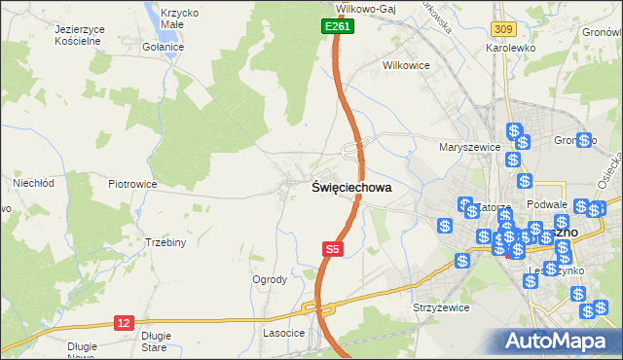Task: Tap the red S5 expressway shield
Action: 333,250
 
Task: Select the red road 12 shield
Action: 123,323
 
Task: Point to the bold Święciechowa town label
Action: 351,188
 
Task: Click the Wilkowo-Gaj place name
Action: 371,7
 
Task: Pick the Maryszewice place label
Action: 469,147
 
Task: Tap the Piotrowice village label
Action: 132,183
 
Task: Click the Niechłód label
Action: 31,182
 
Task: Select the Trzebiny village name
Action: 165,242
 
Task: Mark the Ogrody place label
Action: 270,280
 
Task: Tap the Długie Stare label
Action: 156,341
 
